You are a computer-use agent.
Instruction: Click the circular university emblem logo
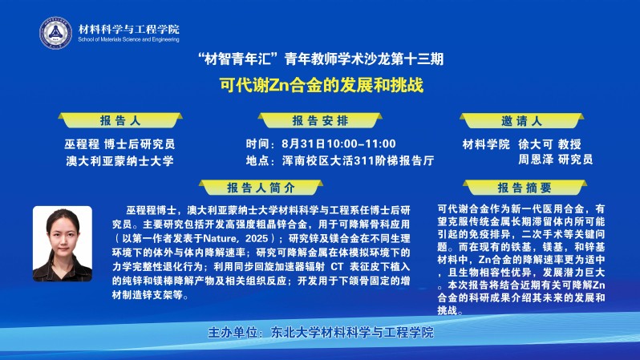pyautogui.click(x=55, y=33)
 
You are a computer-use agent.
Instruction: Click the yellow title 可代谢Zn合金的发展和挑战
pyautogui.click(x=322, y=85)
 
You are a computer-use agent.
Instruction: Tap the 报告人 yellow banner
pyautogui.click(x=120, y=120)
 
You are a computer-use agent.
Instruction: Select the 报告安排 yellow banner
pyautogui.click(x=320, y=120)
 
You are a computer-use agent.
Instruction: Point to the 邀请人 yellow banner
pyautogui.click(x=521, y=121)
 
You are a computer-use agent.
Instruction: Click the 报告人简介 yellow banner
pyautogui.click(x=261, y=188)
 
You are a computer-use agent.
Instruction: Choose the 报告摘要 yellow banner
pyautogui.click(x=525, y=188)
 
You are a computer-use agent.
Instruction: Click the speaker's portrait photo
pyautogui.click(x=63, y=244)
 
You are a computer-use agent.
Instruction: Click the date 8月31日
pyautogui.click(x=303, y=144)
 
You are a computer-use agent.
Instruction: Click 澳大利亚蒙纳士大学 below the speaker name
pyautogui.click(x=120, y=161)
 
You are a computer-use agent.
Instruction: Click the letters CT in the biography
pyautogui.click(x=337, y=266)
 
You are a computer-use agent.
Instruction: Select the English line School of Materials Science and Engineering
pyautogui.click(x=128, y=39)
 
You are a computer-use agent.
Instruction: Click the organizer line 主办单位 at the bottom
pyautogui.click(x=321, y=332)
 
